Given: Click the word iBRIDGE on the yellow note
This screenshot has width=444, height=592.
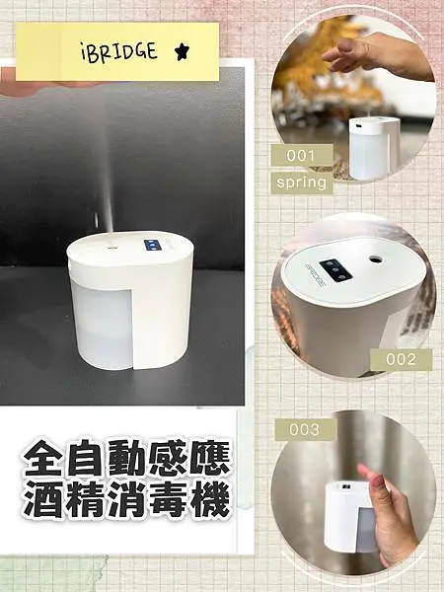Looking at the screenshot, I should coord(117,52).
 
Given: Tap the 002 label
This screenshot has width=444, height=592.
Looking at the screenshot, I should coord(401,360).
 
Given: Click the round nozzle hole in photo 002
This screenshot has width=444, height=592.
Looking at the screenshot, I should coord(376,259).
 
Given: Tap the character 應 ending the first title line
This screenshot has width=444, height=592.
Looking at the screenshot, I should coord(209,460).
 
